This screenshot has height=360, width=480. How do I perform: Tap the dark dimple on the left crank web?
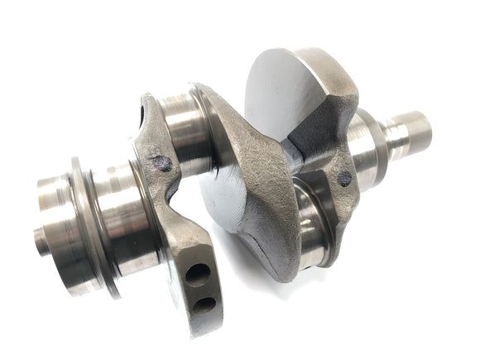[x=164, y=163]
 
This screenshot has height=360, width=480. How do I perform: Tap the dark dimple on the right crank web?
[x=344, y=176]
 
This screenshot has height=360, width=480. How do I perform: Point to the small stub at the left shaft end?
[x=41, y=240]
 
